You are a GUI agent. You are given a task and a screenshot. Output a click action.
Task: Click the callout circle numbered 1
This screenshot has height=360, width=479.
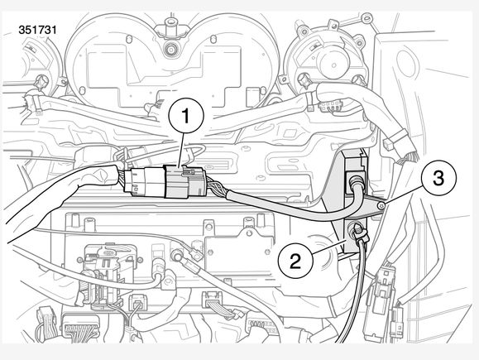coord(186,116)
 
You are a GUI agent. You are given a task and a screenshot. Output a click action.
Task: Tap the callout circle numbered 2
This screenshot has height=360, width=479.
coord(295,261)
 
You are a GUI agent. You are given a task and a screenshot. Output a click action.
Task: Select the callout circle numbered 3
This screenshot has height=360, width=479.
coord(438,179)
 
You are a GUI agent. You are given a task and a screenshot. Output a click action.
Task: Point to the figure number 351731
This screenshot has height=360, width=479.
coord(37,30)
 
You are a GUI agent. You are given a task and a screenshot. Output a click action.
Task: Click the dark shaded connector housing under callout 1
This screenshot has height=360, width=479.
coord(184,181)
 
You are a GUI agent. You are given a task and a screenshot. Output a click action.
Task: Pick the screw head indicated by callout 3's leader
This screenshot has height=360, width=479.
coord(380,206)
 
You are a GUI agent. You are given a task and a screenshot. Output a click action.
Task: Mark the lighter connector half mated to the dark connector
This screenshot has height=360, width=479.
coord(144,182)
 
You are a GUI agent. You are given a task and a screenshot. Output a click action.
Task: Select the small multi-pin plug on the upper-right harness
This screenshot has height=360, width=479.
coord(330,106)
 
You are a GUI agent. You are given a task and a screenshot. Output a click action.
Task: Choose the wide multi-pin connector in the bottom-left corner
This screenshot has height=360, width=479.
coord(80,325)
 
